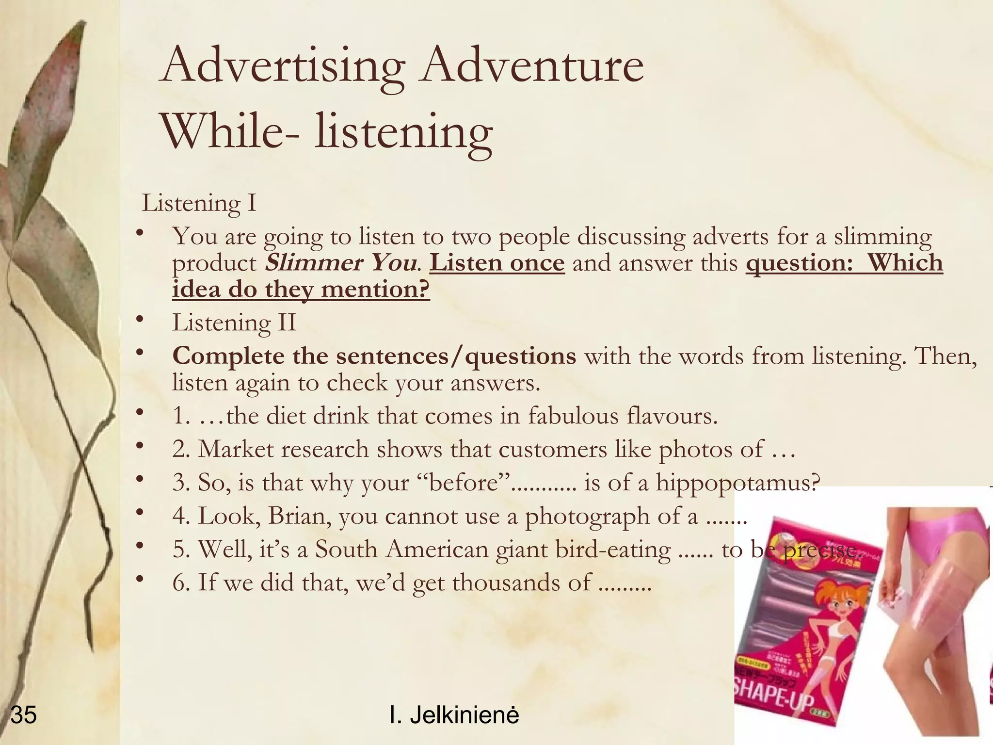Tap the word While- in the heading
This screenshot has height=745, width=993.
click(x=228, y=132)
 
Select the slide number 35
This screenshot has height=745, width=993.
click(x=23, y=715)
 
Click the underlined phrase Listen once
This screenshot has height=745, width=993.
click(x=497, y=263)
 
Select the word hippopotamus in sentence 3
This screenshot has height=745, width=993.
click(x=737, y=483)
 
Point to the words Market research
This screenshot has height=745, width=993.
click(x=283, y=450)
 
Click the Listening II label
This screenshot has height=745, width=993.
click(x=234, y=323)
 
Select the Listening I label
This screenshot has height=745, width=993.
click(x=199, y=204)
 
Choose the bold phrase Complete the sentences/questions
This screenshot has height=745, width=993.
click(x=374, y=356)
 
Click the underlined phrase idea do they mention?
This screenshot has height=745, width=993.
click(x=301, y=290)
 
